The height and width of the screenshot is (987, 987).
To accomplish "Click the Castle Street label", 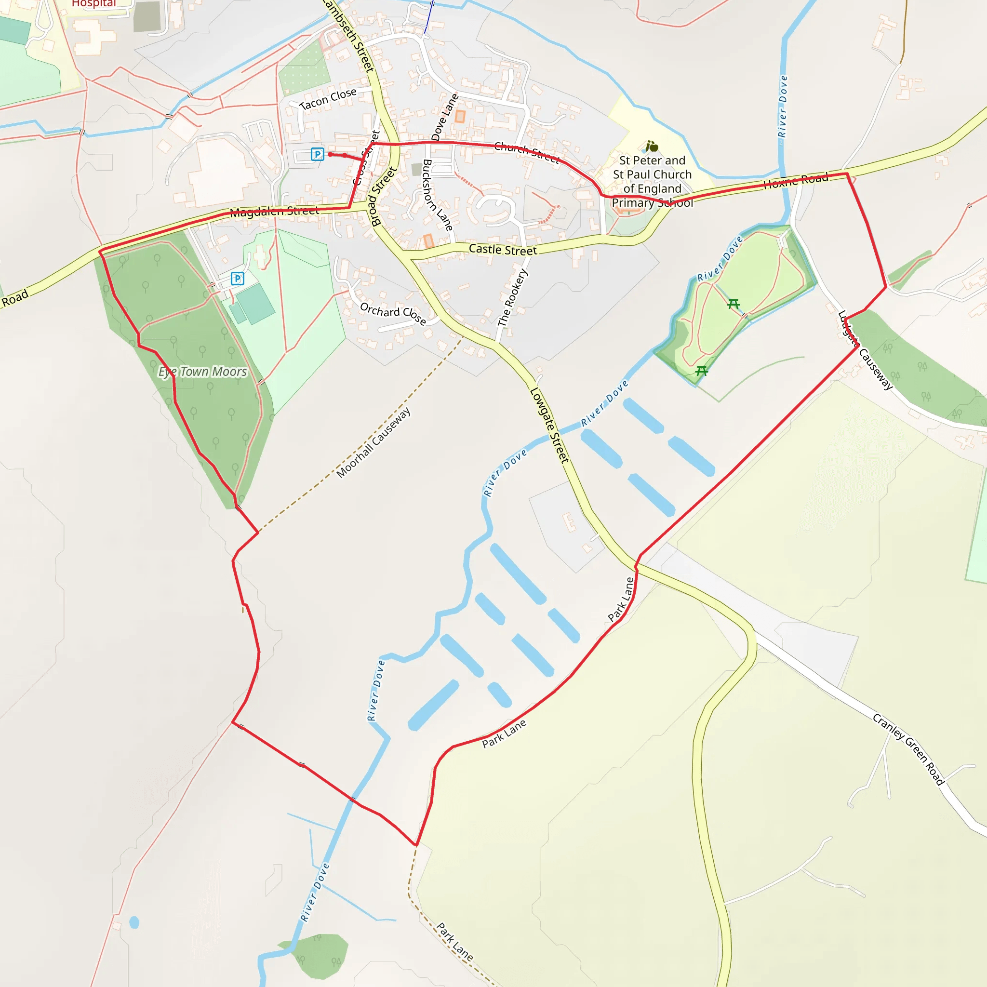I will coord(503,249).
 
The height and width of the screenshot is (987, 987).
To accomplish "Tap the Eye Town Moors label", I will coord(203,372).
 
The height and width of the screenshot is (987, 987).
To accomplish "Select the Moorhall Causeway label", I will coord(373,442).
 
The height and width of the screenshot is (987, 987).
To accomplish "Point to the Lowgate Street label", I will coord(549,426).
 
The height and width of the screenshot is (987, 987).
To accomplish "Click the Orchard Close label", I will coord(393,313).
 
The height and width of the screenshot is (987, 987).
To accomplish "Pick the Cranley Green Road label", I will coord(908,749).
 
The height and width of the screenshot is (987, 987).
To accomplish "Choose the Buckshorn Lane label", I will coord(437,195).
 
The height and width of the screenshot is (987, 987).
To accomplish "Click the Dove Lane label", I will coord(444,118).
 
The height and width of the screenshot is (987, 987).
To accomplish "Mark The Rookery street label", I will coord(512,297).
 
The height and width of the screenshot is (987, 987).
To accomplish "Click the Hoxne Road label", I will coord(796,180).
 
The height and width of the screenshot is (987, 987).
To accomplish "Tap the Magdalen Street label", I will coord(274,212).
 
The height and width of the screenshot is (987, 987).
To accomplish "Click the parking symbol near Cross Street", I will coord(317,154).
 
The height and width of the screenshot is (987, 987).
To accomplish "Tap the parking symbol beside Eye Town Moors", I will coord(238,279).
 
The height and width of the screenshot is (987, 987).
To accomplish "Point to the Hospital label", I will coord(94,3).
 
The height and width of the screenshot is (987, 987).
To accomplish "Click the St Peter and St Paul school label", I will coord(653,181).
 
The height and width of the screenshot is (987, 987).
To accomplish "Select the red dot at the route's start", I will coord(330,154).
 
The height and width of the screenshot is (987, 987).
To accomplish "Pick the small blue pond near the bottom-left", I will coord(134,922).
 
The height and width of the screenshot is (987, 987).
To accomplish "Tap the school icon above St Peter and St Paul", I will coord(652,147).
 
